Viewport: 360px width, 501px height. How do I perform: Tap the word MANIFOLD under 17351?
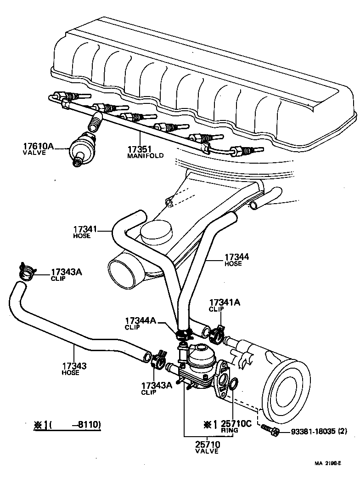[x=145, y=156]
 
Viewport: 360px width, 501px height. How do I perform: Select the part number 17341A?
[x=225, y=302]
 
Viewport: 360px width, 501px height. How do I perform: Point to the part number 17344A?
[x=141, y=320]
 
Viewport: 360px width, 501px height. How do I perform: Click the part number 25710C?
[x=236, y=423]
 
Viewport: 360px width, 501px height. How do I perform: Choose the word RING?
[x=229, y=430]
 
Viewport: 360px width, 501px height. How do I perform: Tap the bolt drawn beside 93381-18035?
[x=270, y=431]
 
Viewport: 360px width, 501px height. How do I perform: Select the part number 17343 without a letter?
[x=74, y=366]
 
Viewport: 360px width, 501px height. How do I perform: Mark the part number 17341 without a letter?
[x=85, y=229]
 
